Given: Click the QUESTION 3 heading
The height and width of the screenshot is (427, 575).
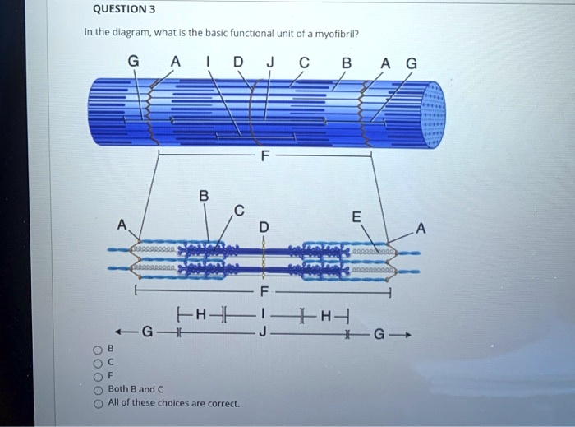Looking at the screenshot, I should [x=123, y=10].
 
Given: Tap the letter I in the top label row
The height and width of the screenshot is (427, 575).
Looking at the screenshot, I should [x=209, y=61].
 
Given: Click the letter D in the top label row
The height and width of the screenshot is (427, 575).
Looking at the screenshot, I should [x=237, y=61].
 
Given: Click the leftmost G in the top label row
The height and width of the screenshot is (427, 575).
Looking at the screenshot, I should [x=133, y=61].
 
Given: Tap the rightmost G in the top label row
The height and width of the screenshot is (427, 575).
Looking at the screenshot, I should [x=412, y=61].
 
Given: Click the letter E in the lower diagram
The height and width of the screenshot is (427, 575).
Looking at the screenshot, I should [x=356, y=217].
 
